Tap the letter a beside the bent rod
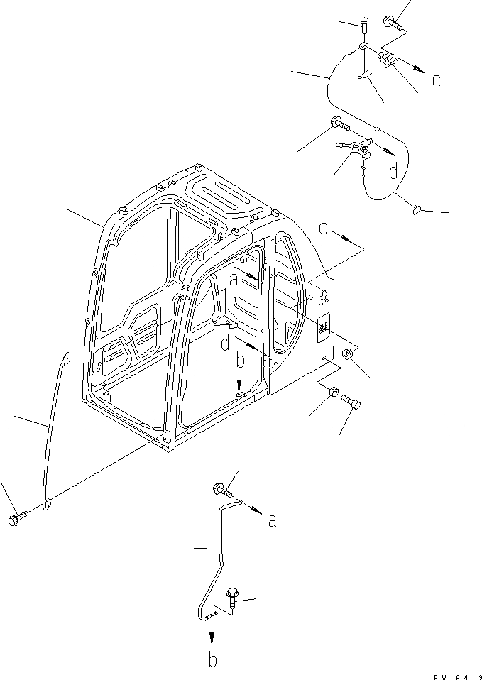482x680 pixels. click(x=272, y=522)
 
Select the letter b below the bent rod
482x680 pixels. click(x=212, y=659)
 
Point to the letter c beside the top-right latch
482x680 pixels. click(x=436, y=81)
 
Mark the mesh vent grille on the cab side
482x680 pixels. click(x=322, y=328)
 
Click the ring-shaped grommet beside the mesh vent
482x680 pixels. click(x=349, y=354)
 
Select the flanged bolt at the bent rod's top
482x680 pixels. click(x=221, y=489)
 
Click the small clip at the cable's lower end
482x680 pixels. click(x=417, y=209)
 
